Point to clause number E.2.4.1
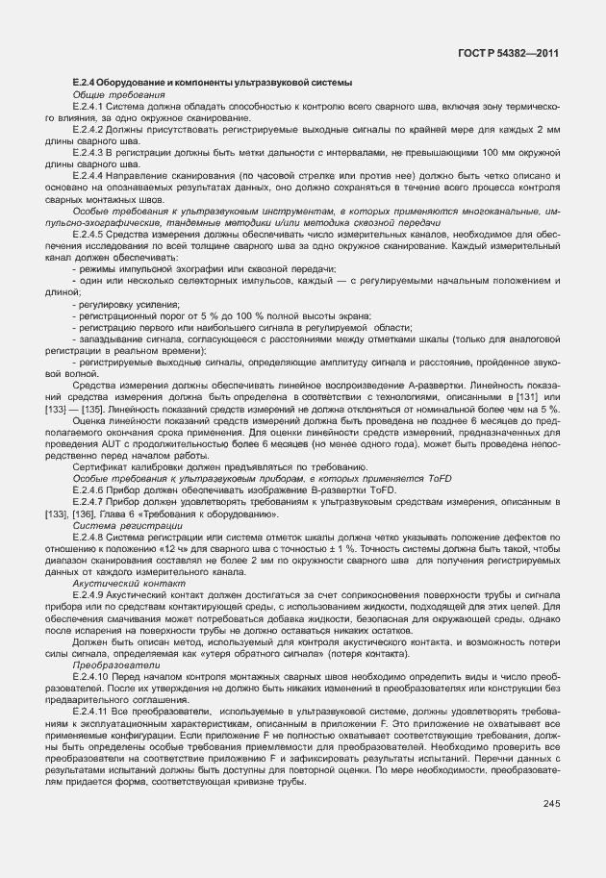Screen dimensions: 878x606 (88, 107)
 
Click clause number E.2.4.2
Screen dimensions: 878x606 (88, 128)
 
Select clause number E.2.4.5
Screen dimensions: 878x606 (88, 234)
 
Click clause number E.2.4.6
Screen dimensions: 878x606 (88, 488)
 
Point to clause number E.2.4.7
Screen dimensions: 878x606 (88, 499)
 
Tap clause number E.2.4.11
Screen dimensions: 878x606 (90, 711)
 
